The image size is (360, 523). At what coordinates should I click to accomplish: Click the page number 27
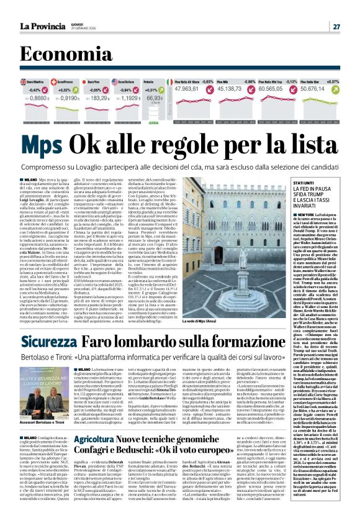[x=336, y=26]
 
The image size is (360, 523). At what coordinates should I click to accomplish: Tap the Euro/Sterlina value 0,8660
[x=37, y=98]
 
